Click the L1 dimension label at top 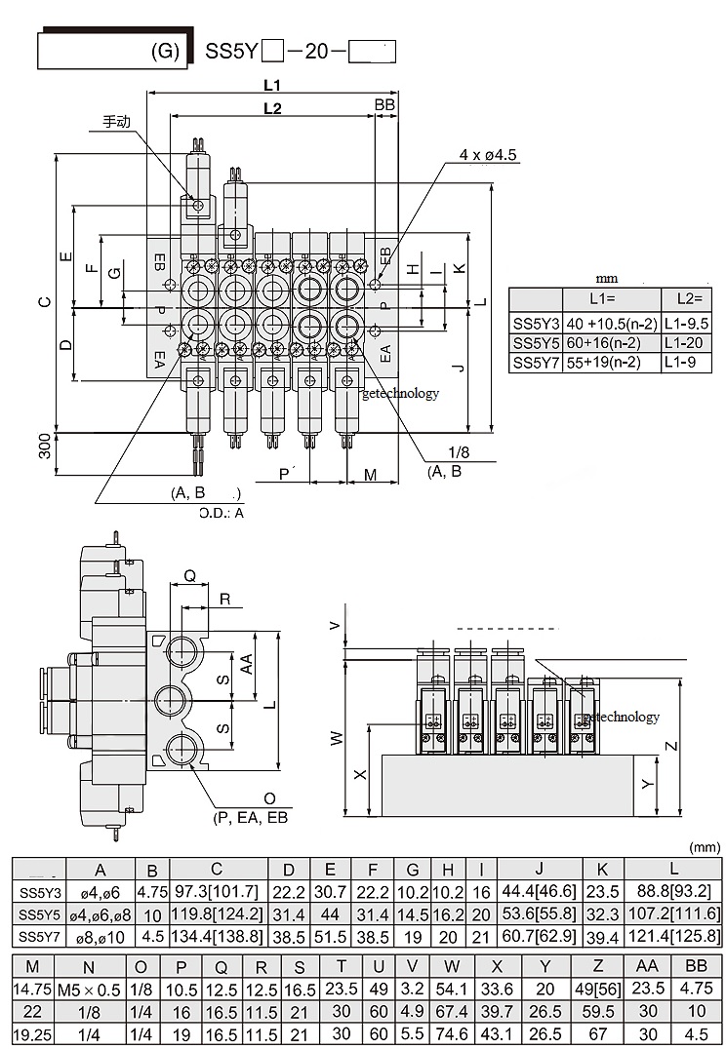(272, 84)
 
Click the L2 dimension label (272, 108)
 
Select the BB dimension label (384, 104)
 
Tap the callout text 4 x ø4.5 (488, 155)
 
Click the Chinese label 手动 (118, 123)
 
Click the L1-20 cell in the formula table (686, 343)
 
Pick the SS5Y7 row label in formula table (536, 363)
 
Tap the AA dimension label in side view (247, 663)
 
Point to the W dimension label (337, 738)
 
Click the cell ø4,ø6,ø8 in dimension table (99, 915)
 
